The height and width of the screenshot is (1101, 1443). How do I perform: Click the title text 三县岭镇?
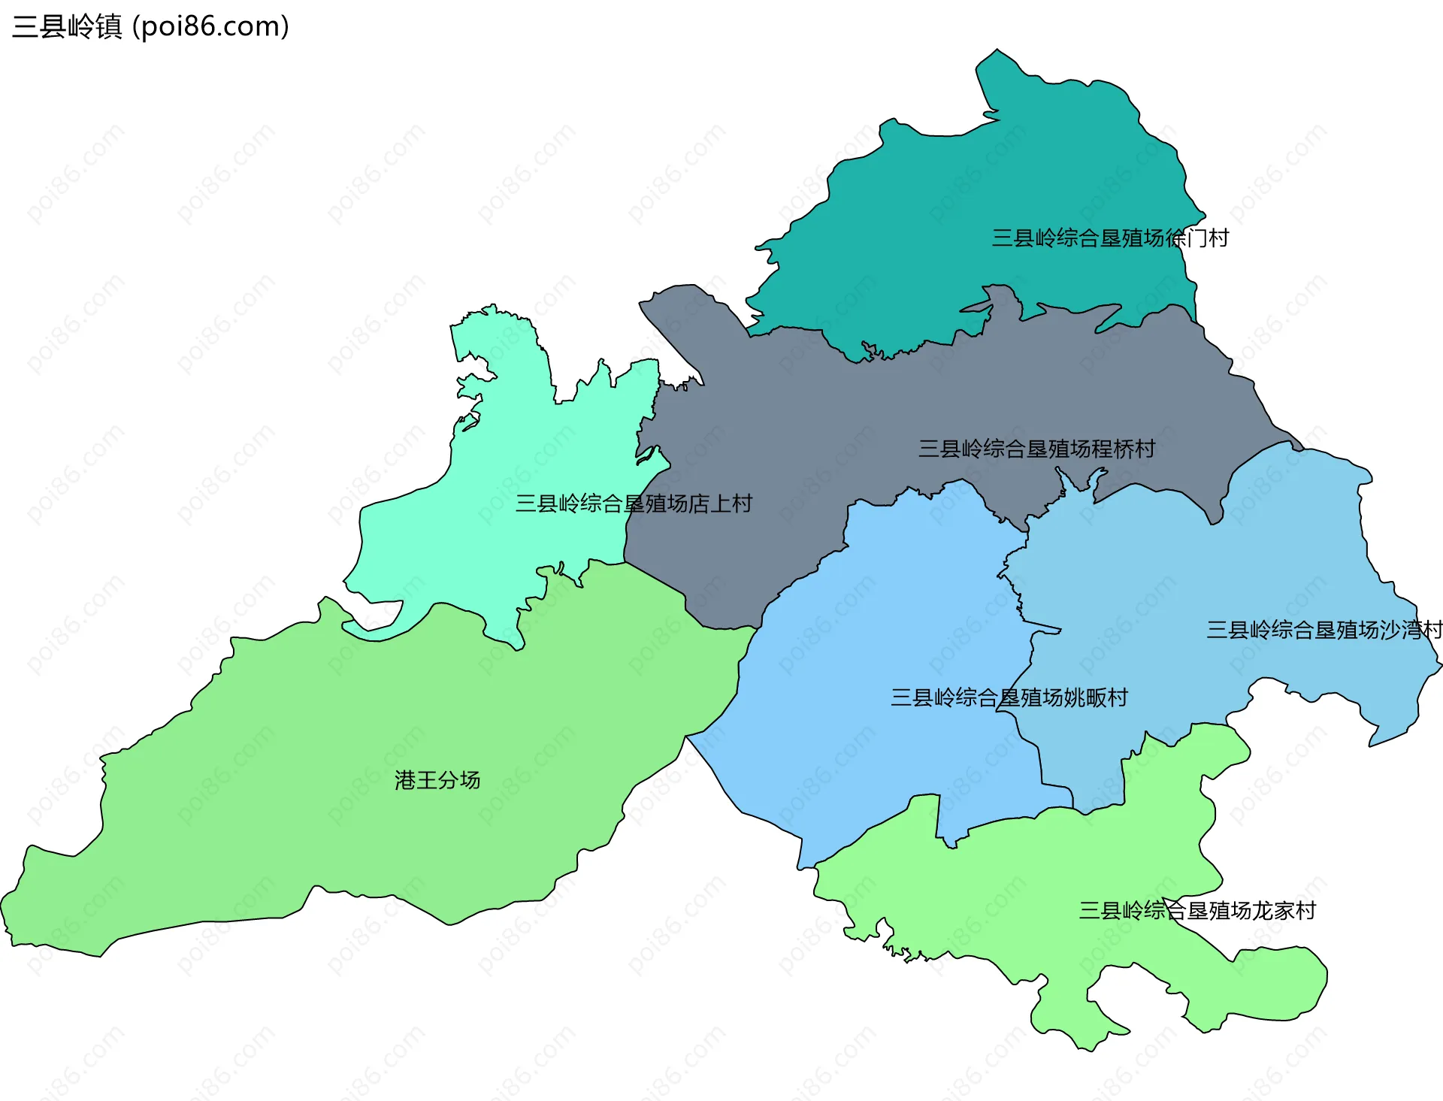(x=67, y=27)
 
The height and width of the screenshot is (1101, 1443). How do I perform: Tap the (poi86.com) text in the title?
(x=210, y=27)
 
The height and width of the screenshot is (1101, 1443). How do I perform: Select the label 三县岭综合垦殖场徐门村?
(x=1109, y=238)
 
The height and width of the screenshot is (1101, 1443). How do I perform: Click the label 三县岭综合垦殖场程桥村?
(x=1036, y=449)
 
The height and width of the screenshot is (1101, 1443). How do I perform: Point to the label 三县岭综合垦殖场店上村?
(x=633, y=504)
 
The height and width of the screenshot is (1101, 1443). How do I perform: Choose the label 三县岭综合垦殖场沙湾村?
(x=1324, y=630)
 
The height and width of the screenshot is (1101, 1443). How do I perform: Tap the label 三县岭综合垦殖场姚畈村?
(x=1009, y=697)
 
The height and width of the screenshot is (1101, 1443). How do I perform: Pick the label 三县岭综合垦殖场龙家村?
(x=1196, y=911)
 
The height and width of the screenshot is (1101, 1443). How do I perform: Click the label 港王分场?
(x=437, y=780)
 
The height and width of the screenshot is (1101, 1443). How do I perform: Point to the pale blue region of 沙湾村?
(x=1202, y=571)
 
